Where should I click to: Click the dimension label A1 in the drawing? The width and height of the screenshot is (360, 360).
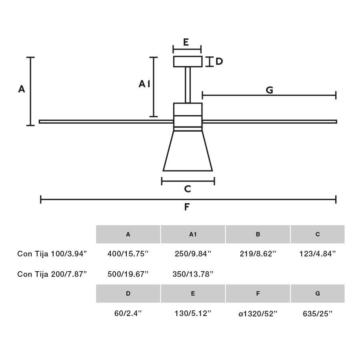pyautogui.click(x=144, y=84)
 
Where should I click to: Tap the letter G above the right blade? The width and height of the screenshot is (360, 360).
pyautogui.click(x=269, y=90)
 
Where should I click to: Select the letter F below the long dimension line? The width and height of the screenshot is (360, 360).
pyautogui.click(x=187, y=207)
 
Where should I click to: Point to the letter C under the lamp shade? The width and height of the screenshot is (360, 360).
pyautogui.click(x=187, y=189)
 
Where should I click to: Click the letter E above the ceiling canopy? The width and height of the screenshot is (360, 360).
pyautogui.click(x=186, y=42)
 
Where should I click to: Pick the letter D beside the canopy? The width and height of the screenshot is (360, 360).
pyautogui.click(x=219, y=62)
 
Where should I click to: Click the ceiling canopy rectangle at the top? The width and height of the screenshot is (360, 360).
pyautogui.click(x=188, y=62)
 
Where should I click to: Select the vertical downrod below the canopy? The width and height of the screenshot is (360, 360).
pyautogui.click(x=188, y=85)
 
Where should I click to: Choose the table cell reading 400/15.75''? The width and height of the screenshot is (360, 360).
pyautogui.click(x=128, y=254)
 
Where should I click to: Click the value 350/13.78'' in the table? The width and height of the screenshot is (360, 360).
pyautogui.click(x=193, y=274)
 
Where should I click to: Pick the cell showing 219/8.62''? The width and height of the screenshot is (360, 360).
pyautogui.click(x=258, y=254)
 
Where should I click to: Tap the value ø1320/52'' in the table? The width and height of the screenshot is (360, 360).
pyautogui.click(x=258, y=314)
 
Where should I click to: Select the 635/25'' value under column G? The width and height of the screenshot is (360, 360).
pyautogui.click(x=318, y=314)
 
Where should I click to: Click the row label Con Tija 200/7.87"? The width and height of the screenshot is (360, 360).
pyautogui.click(x=52, y=274)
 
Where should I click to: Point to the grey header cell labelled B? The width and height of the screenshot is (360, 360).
pyautogui.click(x=258, y=234)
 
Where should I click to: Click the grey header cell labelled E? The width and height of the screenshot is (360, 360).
pyautogui.click(x=193, y=294)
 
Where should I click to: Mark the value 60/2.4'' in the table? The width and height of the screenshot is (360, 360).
pyautogui.click(x=128, y=314)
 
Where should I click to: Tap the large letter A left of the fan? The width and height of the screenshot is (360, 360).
pyautogui.click(x=22, y=89)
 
